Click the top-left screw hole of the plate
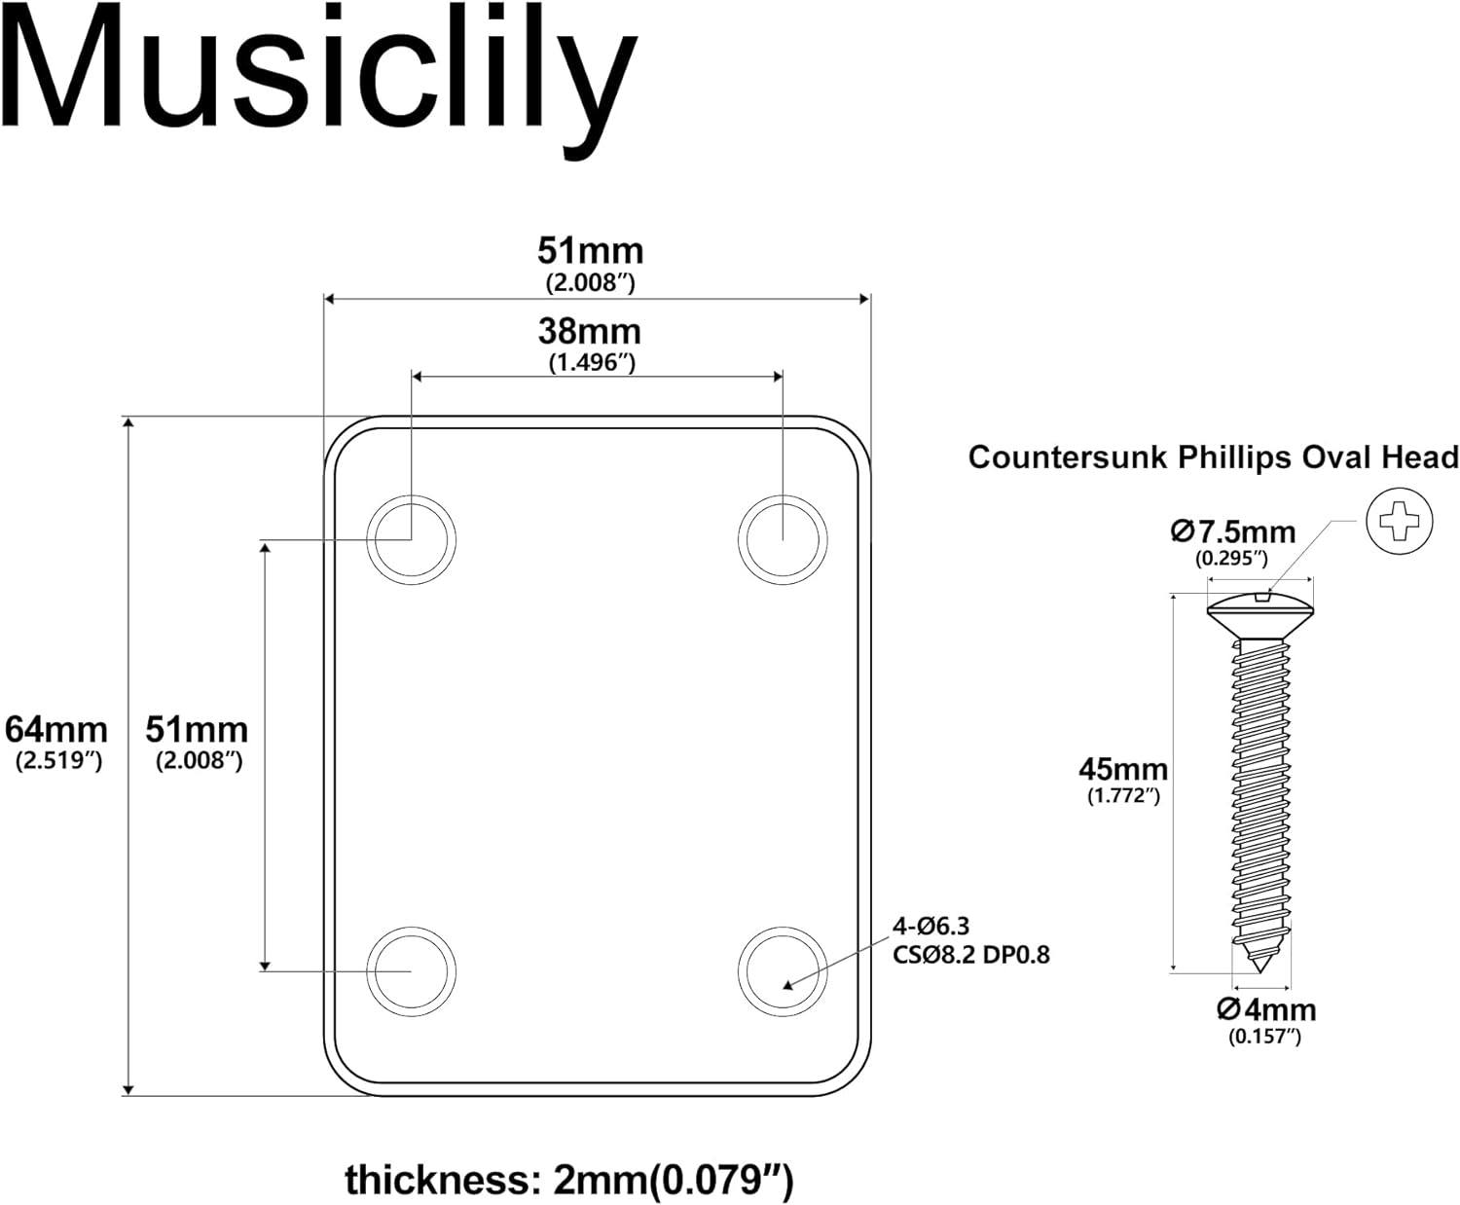coord(411,539)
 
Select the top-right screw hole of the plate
coord(783,539)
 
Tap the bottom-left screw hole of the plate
coord(411,970)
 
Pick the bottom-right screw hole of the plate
coord(783,970)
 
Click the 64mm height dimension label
coord(56,729)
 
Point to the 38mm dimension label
coord(590,332)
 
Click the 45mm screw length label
coord(1122,769)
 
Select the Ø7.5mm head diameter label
coord(1232,532)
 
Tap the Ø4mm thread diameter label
coord(1265,1009)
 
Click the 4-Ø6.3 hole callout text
coord(931,927)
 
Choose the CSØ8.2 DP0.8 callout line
coord(971,955)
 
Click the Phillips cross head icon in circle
coord(1400,523)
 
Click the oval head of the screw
coord(1260,609)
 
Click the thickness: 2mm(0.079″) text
coord(569,1180)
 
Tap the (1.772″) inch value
coord(1123,796)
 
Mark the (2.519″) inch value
coord(58,761)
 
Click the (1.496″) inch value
coord(591,363)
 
